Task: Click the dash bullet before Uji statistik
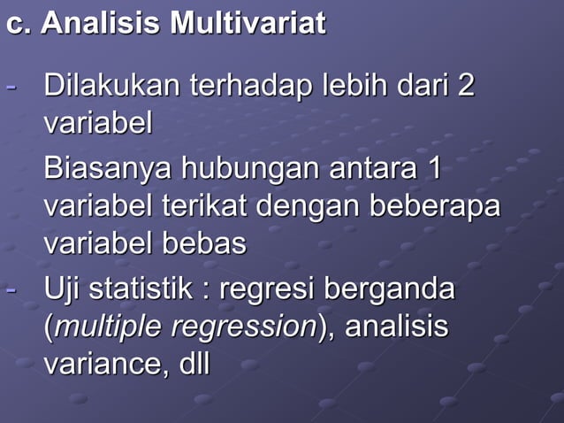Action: (11, 289)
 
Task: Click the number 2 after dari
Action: (465, 87)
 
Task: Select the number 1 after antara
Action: (433, 168)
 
